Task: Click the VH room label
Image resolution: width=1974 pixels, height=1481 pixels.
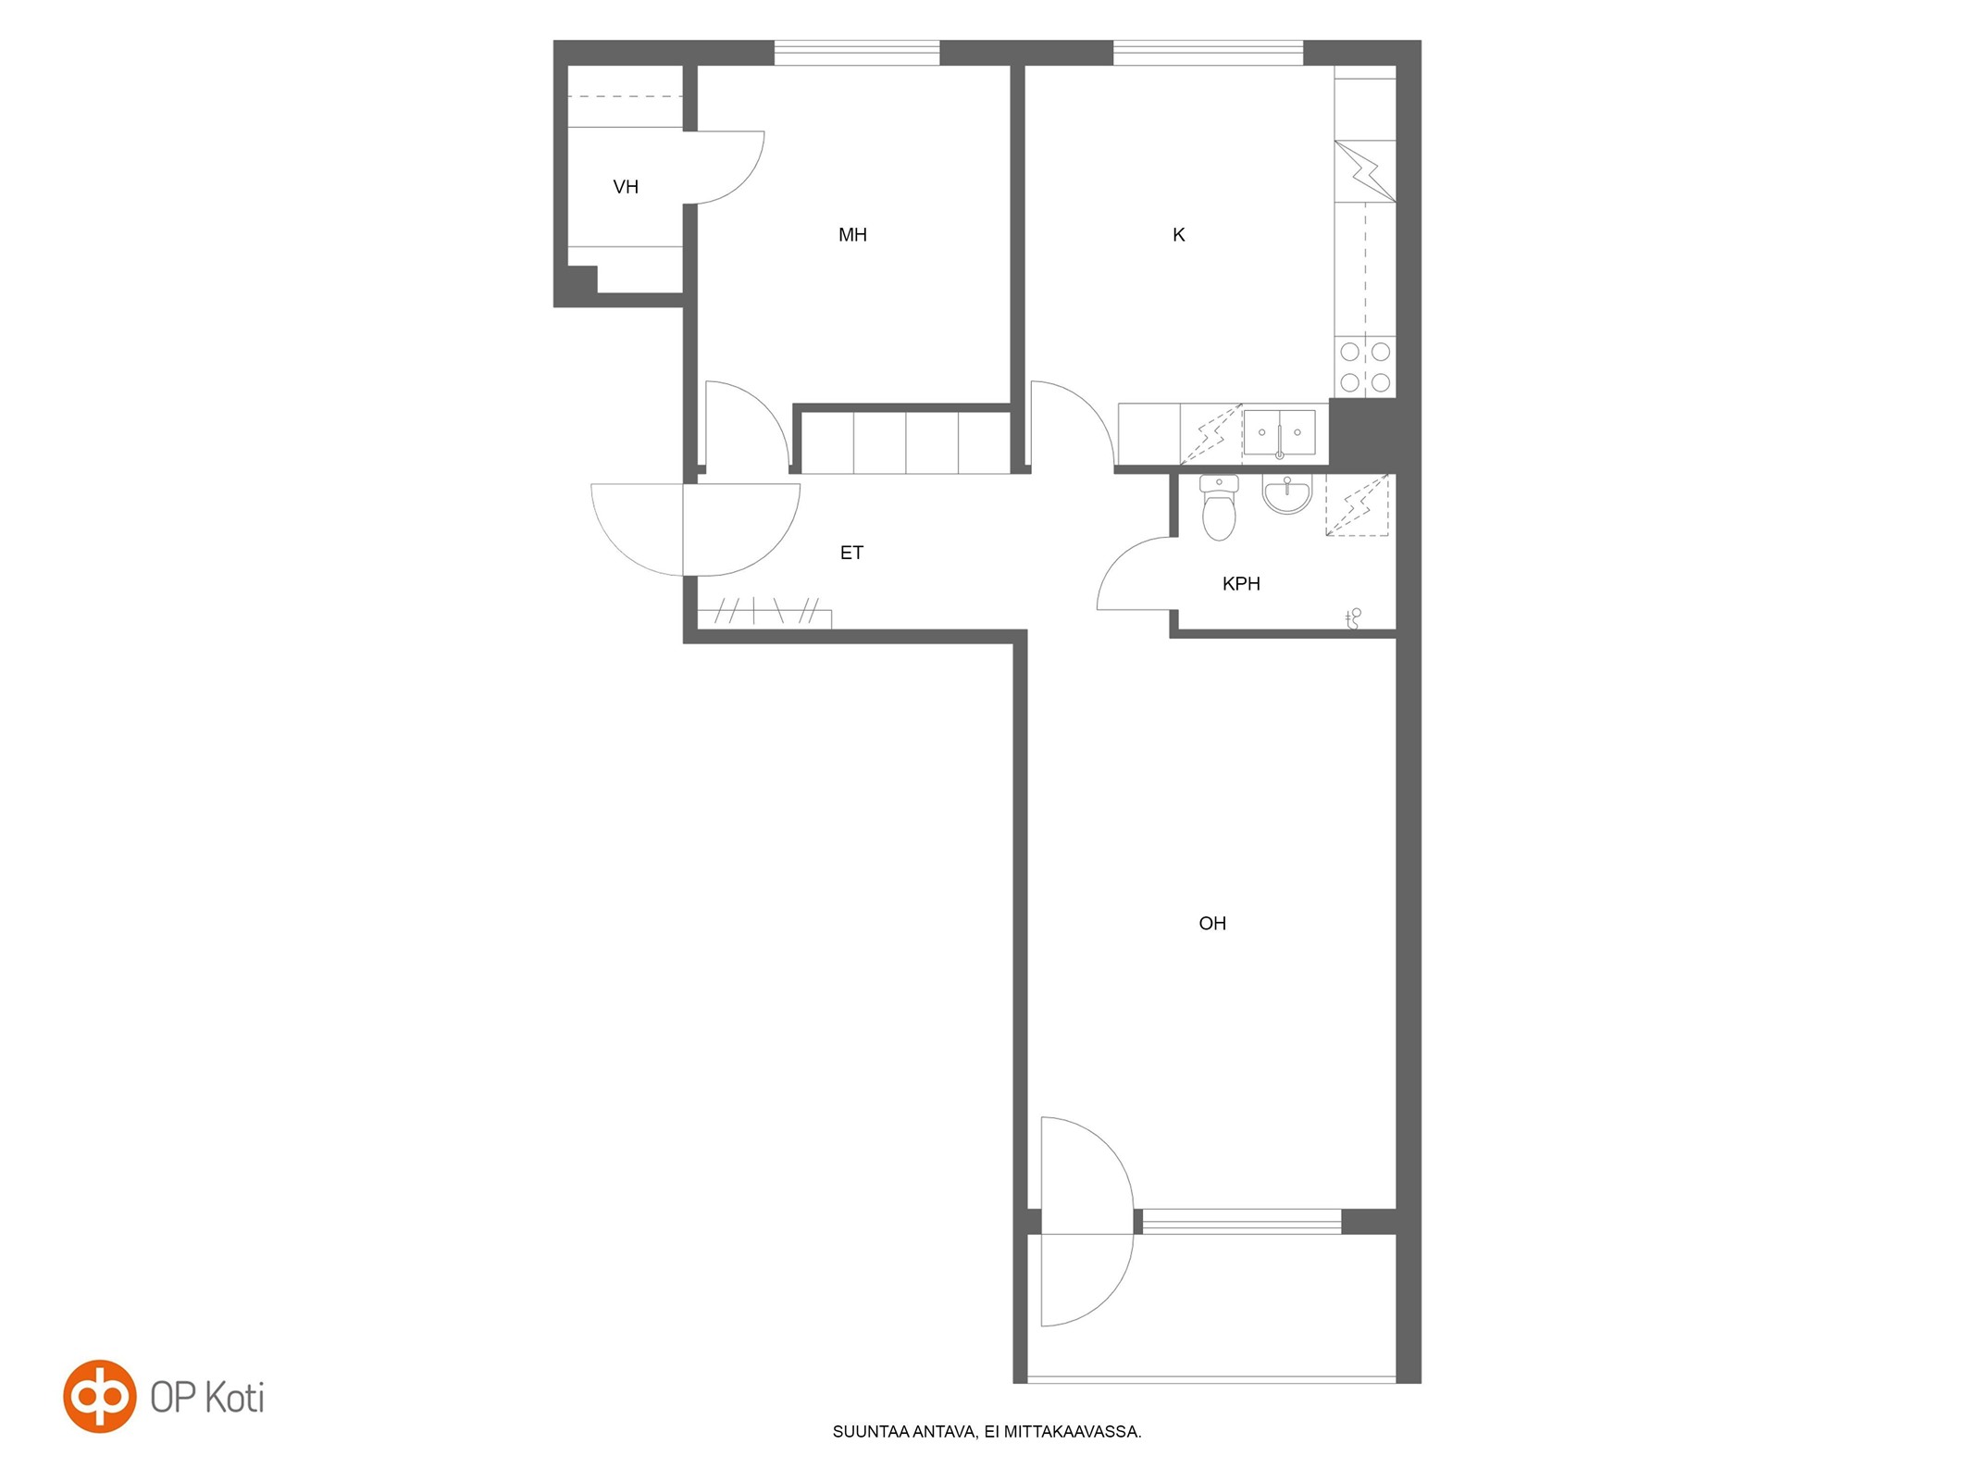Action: tap(626, 187)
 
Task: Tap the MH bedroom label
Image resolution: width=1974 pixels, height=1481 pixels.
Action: tap(852, 235)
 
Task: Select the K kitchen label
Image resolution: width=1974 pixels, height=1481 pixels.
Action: tap(1178, 235)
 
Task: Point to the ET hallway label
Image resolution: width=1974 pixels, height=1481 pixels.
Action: tap(851, 553)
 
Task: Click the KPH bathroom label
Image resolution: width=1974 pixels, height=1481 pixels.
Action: tap(1241, 583)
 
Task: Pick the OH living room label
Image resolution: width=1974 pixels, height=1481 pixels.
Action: tap(1212, 923)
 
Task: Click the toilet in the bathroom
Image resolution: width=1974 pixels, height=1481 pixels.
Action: tap(1219, 507)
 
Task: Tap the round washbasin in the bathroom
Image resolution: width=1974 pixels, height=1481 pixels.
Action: tap(1286, 495)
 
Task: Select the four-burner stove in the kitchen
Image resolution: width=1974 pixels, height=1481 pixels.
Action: tap(1365, 367)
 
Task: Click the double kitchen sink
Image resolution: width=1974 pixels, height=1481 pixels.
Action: tap(1279, 433)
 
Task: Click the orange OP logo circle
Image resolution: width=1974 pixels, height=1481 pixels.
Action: tap(100, 1396)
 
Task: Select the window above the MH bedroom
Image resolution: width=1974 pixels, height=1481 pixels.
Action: tap(857, 53)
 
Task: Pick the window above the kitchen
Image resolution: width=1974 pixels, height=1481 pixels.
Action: tap(1208, 53)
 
